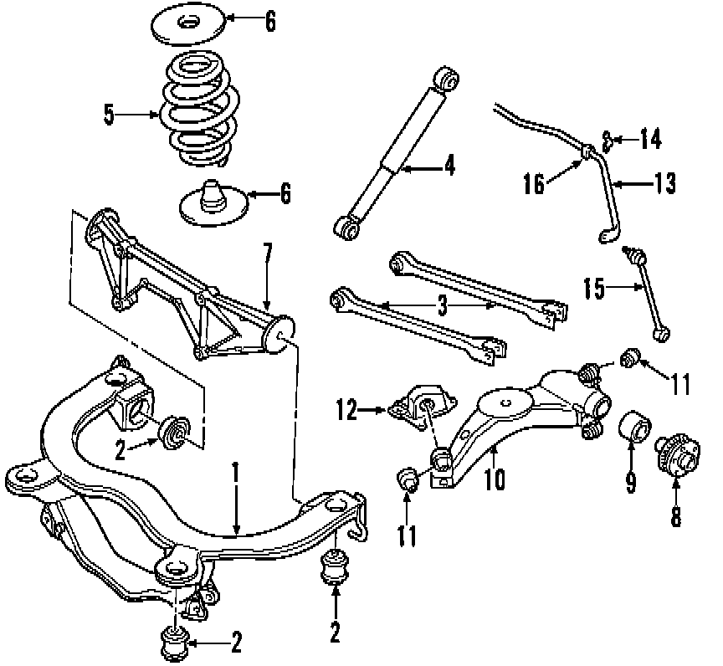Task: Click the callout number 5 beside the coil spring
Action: click(x=110, y=115)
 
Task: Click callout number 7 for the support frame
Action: click(x=268, y=250)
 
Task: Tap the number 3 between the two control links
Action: click(x=443, y=306)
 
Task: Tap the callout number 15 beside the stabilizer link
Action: click(x=594, y=289)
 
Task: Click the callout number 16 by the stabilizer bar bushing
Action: click(x=535, y=183)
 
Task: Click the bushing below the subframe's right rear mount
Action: click(x=336, y=566)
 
